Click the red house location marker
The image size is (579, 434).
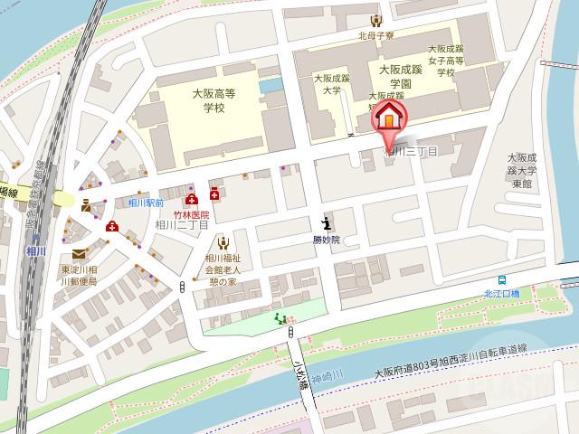[x=390, y=118]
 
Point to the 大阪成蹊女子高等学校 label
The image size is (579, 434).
[x=445, y=61]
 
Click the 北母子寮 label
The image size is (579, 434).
[x=375, y=36]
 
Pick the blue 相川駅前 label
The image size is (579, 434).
[x=145, y=204]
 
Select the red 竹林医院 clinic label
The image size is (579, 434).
[x=191, y=215]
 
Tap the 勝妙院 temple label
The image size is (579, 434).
[x=326, y=240]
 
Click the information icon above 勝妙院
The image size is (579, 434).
[x=326, y=222]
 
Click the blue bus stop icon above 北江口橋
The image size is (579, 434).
[x=502, y=279]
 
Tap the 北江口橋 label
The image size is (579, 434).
[x=502, y=293]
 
